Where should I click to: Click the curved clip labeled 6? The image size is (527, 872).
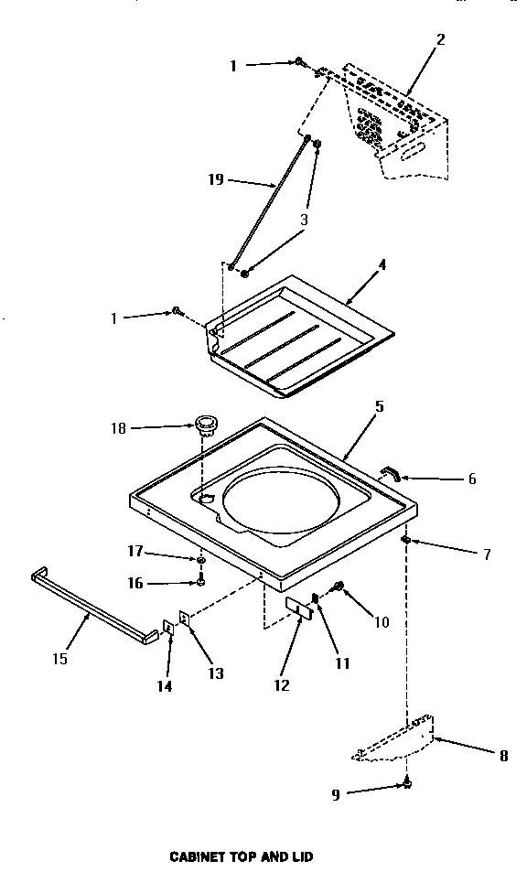tap(391, 472)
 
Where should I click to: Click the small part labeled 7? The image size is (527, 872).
tap(404, 542)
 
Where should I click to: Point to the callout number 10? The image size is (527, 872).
tap(382, 622)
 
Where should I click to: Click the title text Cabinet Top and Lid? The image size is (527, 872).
tap(242, 856)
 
